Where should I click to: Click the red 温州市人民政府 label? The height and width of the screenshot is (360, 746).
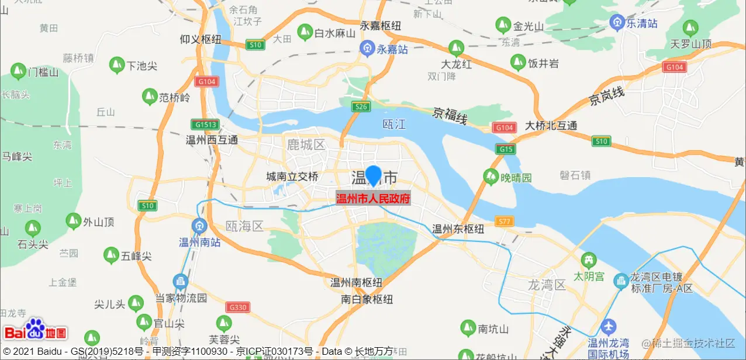(373, 199)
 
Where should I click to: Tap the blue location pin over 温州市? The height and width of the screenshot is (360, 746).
(373, 175)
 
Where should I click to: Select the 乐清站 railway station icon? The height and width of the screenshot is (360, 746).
(617, 23)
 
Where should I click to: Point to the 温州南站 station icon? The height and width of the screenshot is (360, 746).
(200, 226)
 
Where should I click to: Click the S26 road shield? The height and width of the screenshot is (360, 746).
(361, 106)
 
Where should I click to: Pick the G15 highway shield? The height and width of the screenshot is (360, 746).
(506, 149)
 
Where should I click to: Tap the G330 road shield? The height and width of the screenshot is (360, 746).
(239, 307)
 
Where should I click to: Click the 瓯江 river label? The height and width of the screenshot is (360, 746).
(393, 124)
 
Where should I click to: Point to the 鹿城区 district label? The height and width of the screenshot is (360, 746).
(306, 144)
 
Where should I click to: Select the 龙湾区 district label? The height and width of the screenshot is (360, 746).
(547, 285)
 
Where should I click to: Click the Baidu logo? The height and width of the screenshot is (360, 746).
(35, 331)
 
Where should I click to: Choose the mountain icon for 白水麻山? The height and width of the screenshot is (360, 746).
(305, 32)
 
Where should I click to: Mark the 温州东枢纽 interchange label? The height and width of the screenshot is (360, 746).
(458, 229)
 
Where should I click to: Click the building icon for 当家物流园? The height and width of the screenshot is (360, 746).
(181, 282)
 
